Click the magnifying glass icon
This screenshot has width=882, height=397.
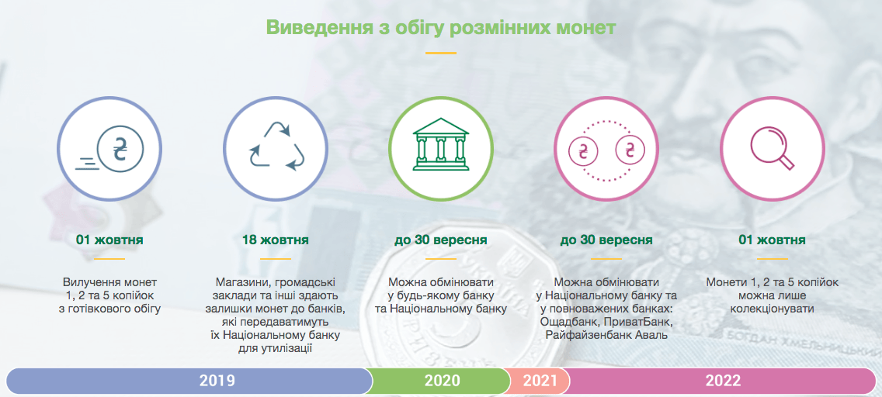click(x=773, y=147)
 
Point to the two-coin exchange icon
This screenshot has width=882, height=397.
click(x=606, y=150)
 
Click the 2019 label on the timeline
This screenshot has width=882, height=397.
click(x=217, y=381)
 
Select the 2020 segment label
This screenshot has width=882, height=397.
click(x=442, y=381)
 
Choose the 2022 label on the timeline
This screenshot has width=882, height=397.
click(x=723, y=381)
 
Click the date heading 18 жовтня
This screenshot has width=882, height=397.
click(x=275, y=240)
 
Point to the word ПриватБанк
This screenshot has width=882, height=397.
click(x=640, y=323)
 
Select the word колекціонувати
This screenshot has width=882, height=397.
click(x=772, y=309)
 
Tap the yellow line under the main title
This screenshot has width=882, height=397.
click(x=440, y=53)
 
